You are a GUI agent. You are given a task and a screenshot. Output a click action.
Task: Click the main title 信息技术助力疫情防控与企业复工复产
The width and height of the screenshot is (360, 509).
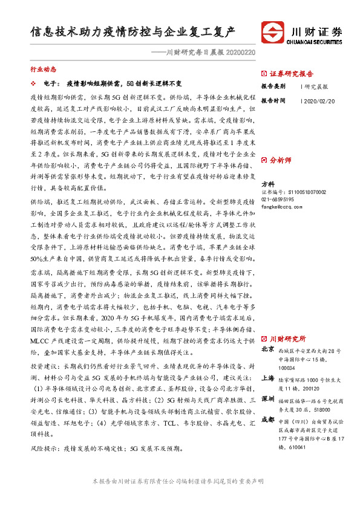click(x=133, y=31)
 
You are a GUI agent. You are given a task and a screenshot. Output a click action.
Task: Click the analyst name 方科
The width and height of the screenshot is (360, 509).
click(x=267, y=184)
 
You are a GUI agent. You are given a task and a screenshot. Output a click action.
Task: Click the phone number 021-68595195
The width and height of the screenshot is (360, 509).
click(x=278, y=198)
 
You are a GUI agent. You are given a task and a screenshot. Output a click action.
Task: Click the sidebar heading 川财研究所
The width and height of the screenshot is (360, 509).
click(x=288, y=339)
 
